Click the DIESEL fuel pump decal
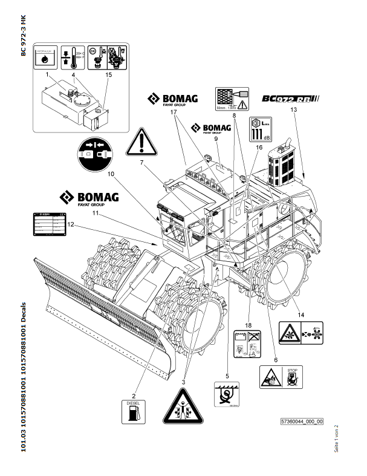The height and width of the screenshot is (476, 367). tap(134, 412)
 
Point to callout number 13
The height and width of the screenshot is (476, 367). tap(294, 109)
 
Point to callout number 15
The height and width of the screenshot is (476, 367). tap(109, 75)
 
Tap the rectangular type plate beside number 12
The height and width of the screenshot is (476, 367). tap(48, 226)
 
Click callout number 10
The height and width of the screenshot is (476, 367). tap(111, 174)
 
